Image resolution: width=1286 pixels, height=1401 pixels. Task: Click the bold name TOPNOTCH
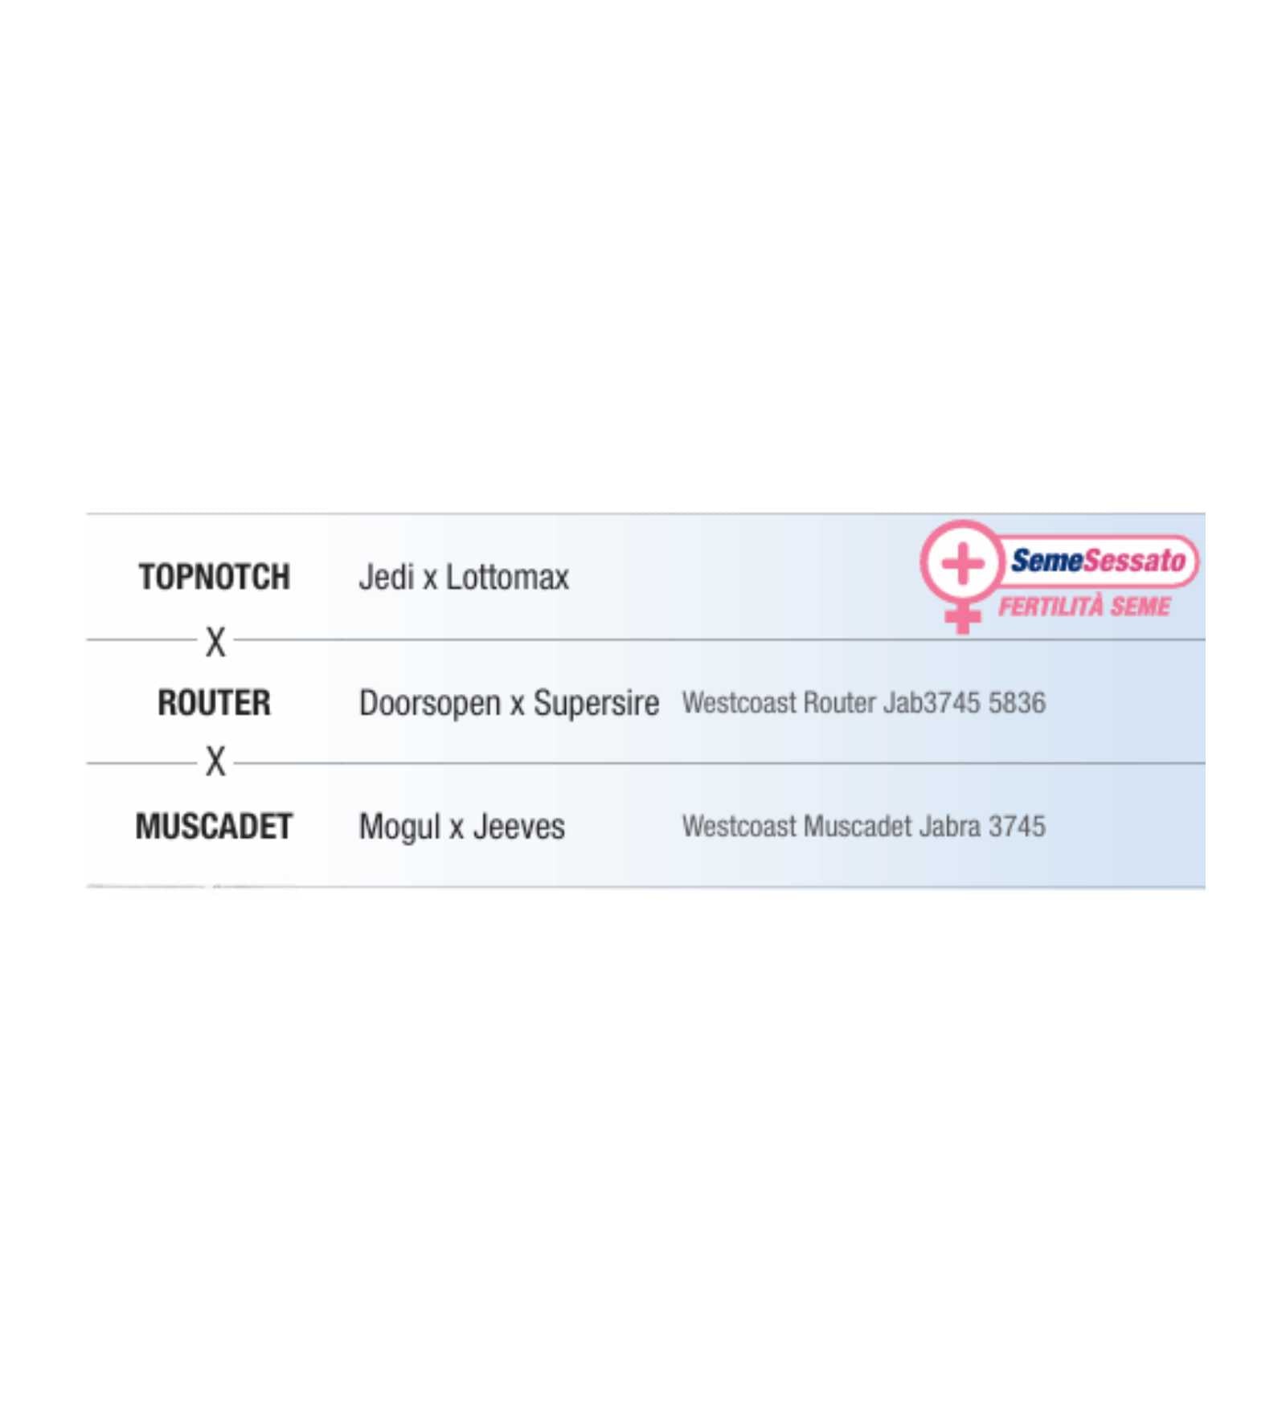(214, 577)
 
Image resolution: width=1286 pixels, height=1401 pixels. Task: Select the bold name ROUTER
(214, 702)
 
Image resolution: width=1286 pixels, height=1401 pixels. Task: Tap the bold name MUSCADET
(214, 827)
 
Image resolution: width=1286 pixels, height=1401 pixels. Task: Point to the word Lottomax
(507, 577)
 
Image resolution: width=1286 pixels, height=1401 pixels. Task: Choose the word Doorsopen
(430, 704)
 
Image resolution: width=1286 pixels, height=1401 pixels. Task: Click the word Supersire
(596, 704)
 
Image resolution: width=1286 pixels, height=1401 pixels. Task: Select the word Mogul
(399, 827)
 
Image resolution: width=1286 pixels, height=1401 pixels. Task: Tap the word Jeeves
(518, 827)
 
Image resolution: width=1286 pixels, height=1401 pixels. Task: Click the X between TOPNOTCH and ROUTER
(215, 642)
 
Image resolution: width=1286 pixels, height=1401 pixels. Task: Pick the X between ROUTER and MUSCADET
(215, 762)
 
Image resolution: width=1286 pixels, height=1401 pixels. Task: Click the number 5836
(1017, 703)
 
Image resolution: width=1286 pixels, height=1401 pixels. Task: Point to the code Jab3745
(932, 703)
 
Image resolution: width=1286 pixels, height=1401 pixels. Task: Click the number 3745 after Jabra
(1017, 827)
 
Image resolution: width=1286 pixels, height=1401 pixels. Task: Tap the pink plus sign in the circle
(962, 563)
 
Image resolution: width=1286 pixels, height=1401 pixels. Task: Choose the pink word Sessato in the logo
(1135, 561)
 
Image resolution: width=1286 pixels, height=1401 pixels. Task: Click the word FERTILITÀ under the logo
(1051, 606)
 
